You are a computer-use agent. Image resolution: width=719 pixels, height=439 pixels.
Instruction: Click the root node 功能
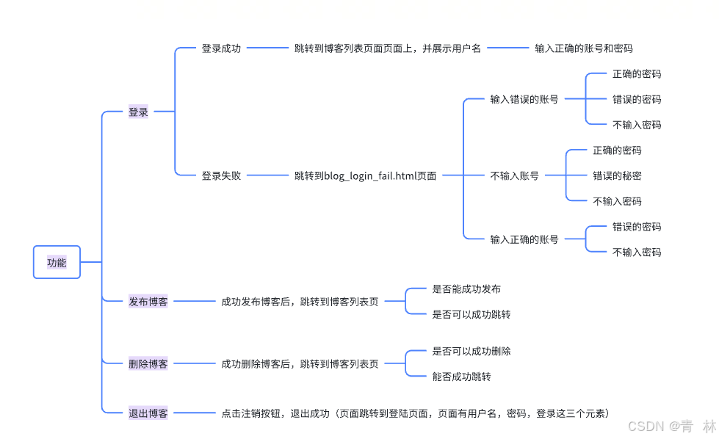pyautogui.click(x=57, y=262)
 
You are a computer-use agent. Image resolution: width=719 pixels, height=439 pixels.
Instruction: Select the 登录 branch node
pyautogui.click(x=138, y=112)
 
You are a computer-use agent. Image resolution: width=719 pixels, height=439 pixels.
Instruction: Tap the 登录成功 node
pyautogui.click(x=221, y=48)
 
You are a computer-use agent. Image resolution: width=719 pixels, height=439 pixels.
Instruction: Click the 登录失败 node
pyautogui.click(x=221, y=175)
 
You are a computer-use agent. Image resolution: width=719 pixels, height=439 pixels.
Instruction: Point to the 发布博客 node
pyautogui.click(x=148, y=301)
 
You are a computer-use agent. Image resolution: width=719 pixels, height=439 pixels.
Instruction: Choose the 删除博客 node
pyautogui.click(x=148, y=363)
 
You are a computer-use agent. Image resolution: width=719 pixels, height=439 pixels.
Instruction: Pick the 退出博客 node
pyautogui.click(x=148, y=413)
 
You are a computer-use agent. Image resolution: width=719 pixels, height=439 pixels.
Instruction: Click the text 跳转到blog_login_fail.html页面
pyautogui.click(x=365, y=175)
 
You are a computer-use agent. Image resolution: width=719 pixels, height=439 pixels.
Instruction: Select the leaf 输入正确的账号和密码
pyautogui.click(x=583, y=48)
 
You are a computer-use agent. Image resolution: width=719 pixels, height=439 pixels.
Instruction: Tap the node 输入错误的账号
pyautogui.click(x=524, y=99)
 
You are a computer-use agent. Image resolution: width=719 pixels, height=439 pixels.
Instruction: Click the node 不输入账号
pyautogui.click(x=514, y=175)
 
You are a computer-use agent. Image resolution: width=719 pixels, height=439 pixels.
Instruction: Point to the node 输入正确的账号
pyautogui.click(x=524, y=239)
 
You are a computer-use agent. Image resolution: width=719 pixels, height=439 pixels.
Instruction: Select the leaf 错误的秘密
pyautogui.click(x=617, y=175)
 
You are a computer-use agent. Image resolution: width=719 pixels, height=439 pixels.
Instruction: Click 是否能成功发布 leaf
pyautogui.click(x=466, y=289)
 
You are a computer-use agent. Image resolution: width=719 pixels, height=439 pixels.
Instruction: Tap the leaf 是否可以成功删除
pyautogui.click(x=471, y=351)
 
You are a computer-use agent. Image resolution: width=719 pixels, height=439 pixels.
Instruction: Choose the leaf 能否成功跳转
pyautogui.click(x=461, y=377)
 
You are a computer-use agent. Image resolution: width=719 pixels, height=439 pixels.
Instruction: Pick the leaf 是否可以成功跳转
pyautogui.click(x=471, y=314)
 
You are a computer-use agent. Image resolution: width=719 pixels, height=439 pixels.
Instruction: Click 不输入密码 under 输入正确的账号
pyautogui.click(x=637, y=252)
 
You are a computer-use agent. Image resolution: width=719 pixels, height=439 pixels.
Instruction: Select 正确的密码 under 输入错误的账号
pyautogui.click(x=637, y=73)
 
